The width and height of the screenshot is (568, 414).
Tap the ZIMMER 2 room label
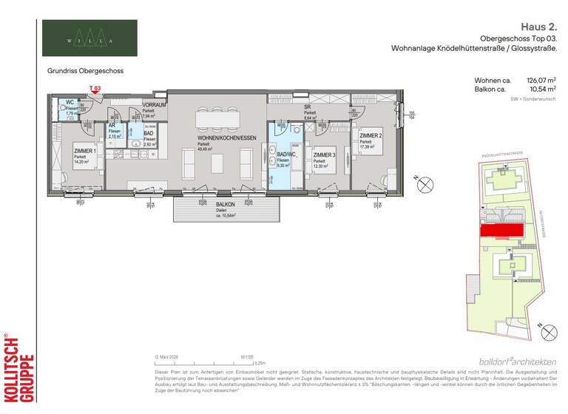click(x=371, y=137)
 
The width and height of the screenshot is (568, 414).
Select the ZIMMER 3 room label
click(x=324, y=155)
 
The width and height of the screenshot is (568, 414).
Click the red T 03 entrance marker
click(x=95, y=89)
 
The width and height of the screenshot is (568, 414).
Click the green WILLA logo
click(x=89, y=38)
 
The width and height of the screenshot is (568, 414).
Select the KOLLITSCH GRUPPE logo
click(x=20, y=367)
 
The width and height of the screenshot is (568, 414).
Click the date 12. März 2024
click(x=168, y=356)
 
